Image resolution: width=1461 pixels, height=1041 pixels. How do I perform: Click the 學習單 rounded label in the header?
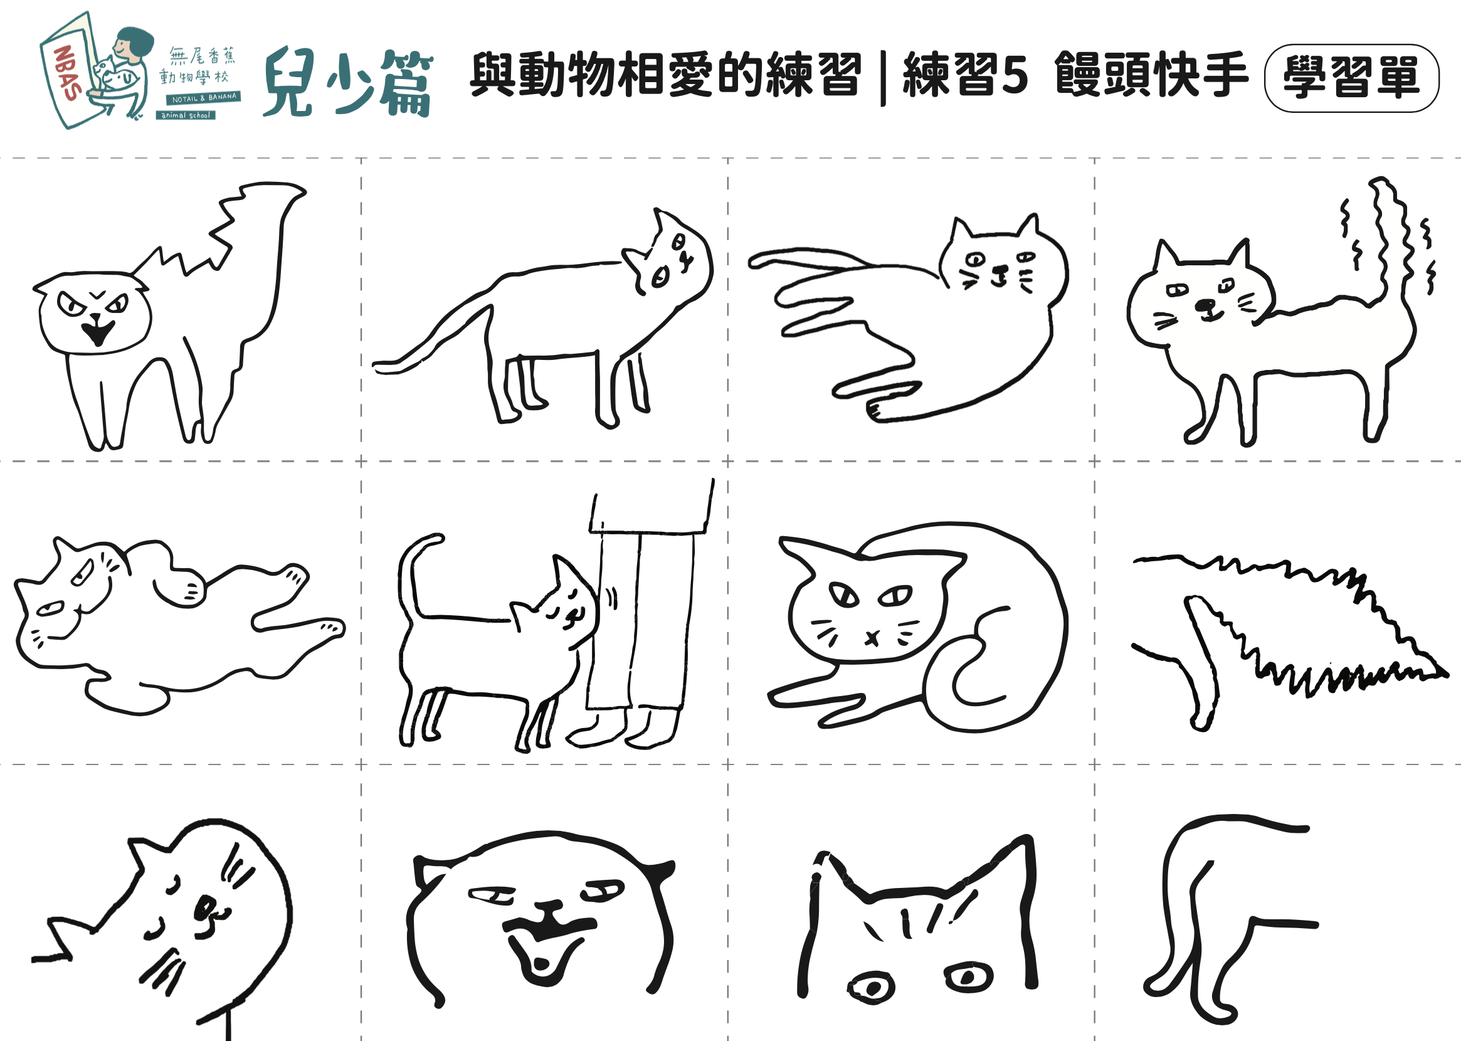(1351, 78)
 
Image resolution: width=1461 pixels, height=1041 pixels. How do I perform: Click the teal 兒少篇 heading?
(348, 83)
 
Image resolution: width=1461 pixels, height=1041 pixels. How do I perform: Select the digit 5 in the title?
(1015, 76)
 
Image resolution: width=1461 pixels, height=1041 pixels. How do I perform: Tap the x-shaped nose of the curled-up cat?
(872, 638)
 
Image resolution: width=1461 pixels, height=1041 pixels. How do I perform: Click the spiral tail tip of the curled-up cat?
(961, 679)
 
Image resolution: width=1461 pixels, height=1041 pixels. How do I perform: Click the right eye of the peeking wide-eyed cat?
(968, 978)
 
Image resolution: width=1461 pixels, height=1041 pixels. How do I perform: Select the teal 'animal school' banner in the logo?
(185, 115)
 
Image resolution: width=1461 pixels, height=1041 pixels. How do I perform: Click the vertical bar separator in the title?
(883, 78)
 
